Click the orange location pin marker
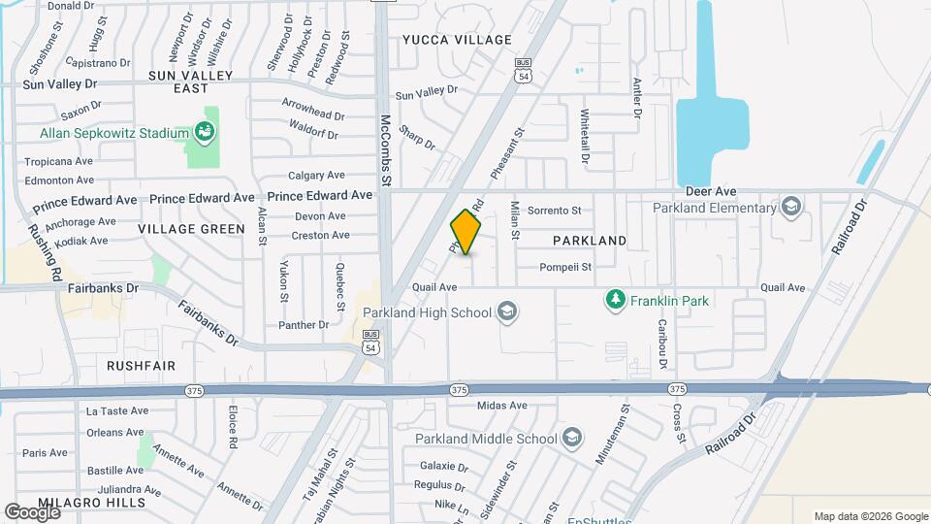(465, 231)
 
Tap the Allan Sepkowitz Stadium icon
(204, 130)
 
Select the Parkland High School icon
(505, 311)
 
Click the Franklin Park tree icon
(614, 301)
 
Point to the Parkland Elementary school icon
(792, 206)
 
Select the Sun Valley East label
(191, 82)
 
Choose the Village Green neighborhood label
(191, 229)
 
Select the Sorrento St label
(555, 210)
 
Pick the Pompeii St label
(566, 267)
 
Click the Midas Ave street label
(502, 406)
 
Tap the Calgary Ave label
(317, 176)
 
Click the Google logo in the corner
(32, 511)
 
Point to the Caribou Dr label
(663, 344)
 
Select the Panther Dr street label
(305, 325)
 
